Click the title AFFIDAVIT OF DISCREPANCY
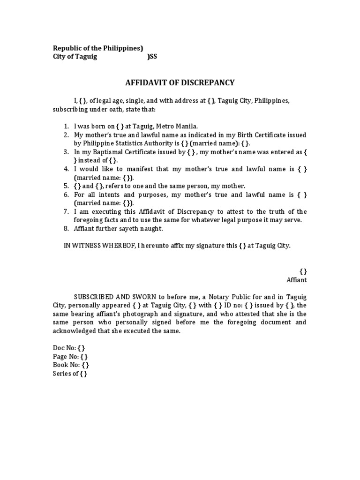[x=180, y=83]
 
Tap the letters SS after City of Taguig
[x=153, y=57]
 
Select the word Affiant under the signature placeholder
[x=296, y=280]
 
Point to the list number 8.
[x=66, y=229]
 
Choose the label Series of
[x=65, y=374]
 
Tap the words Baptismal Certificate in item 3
[x=117, y=152]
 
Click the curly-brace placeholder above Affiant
[x=303, y=271]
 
